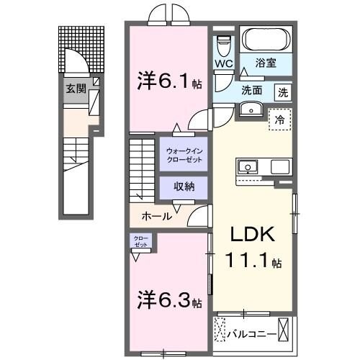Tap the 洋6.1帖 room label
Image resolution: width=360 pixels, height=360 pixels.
(168, 81)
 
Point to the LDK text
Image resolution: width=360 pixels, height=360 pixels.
(252, 235)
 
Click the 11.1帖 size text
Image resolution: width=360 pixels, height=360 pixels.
(252, 264)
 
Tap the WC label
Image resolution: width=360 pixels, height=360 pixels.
(222, 63)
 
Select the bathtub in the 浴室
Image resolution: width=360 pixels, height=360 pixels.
(265, 40)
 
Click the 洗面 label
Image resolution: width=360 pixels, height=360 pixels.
(251, 92)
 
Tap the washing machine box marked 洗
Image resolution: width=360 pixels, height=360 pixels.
(284, 93)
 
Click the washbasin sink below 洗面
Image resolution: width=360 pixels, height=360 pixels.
(251, 109)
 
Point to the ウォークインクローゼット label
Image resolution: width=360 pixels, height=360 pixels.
(184, 154)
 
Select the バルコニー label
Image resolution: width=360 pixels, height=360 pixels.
(248, 335)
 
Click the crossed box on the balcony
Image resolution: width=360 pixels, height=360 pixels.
(286, 330)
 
